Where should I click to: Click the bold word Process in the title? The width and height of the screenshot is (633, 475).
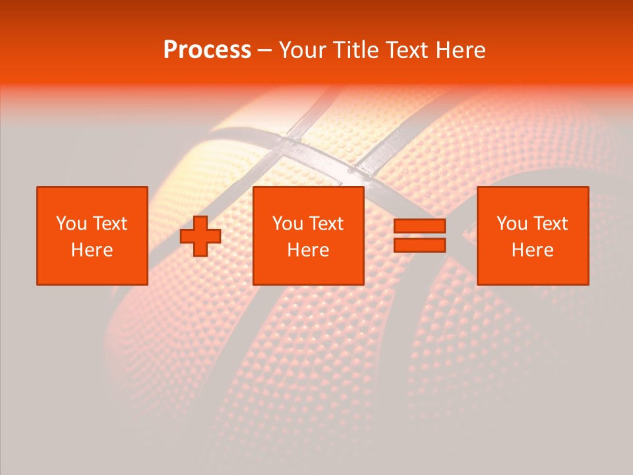coord(207,50)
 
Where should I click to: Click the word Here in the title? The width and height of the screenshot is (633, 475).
coord(462,50)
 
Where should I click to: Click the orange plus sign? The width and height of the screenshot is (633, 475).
coord(200,236)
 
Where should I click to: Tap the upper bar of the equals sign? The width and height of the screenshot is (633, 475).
coord(419,226)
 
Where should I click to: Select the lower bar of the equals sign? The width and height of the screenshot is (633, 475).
coord(419,245)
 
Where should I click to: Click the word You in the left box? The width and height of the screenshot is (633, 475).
coord(71,224)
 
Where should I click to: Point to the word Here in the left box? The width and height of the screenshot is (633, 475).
coord(92,250)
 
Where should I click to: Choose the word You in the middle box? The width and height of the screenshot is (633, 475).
coord(287,224)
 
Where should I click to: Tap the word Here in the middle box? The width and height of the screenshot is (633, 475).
coord(308,250)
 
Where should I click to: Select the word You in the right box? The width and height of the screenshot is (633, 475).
coord(512,224)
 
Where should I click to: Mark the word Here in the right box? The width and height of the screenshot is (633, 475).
coord(532,250)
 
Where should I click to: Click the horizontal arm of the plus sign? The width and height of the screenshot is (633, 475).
coord(187,236)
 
